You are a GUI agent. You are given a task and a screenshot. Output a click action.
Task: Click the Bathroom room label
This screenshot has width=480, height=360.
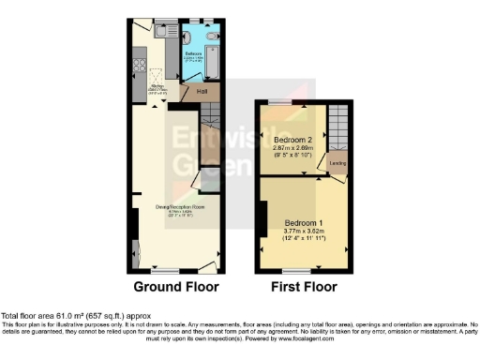pos(193,54)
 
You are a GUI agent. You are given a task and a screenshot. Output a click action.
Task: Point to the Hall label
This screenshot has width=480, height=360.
pos(202,92)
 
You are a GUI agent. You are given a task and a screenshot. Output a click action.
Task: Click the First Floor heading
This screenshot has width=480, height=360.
pos(304,287)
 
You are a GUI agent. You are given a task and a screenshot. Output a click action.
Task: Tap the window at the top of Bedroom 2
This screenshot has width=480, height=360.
pos(279,100)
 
